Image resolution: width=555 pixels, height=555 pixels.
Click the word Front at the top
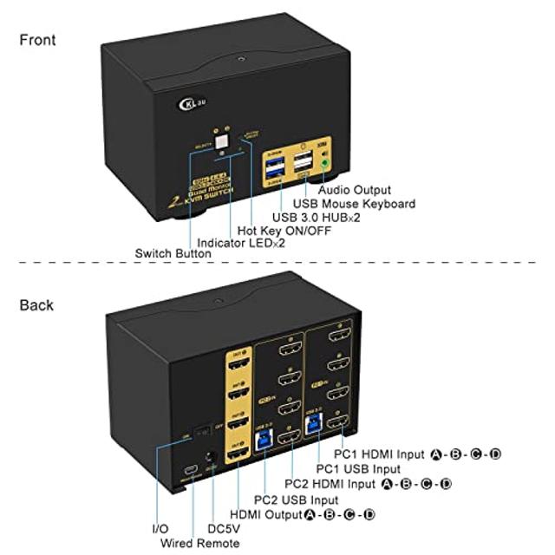pyautogui.click(x=37, y=40)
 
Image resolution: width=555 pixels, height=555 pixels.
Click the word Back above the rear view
pyautogui.click(x=36, y=304)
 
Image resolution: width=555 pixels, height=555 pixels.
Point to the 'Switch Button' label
pyautogui.click(x=173, y=254)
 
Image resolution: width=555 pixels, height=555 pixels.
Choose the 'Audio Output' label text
pyautogui.click(x=354, y=190)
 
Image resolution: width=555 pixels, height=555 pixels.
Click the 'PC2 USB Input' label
pyautogui.click(x=296, y=499)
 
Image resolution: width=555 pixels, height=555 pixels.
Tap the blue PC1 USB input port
pyautogui.click(x=333, y=423)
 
